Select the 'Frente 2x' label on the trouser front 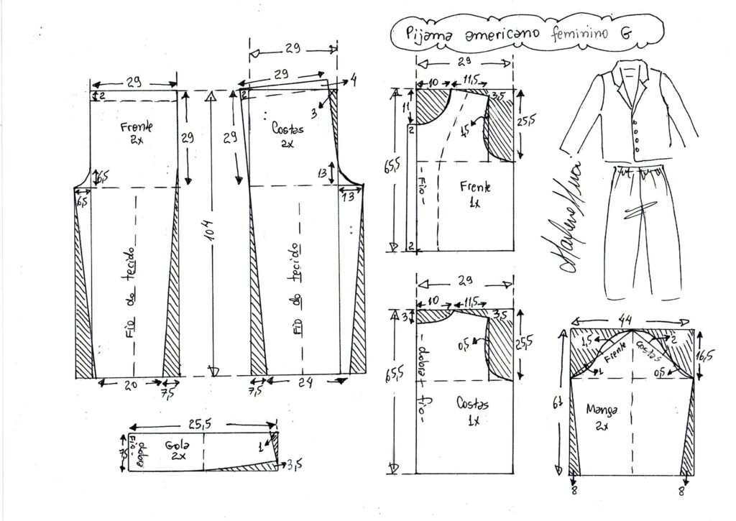pos(134,134)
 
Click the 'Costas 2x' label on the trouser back pos(288,134)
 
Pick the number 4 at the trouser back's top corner pos(353,80)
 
